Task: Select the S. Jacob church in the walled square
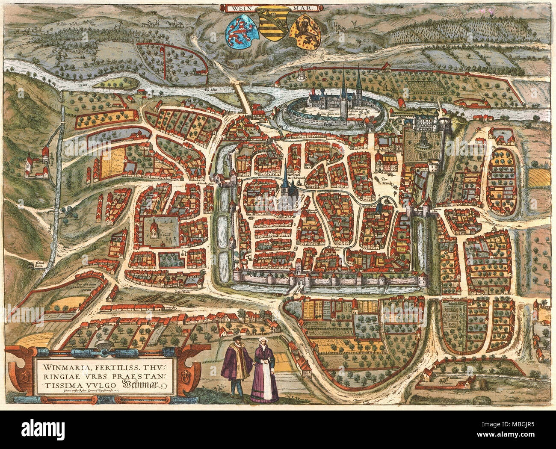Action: tap(155, 231)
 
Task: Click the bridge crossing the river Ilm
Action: tap(245, 98)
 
